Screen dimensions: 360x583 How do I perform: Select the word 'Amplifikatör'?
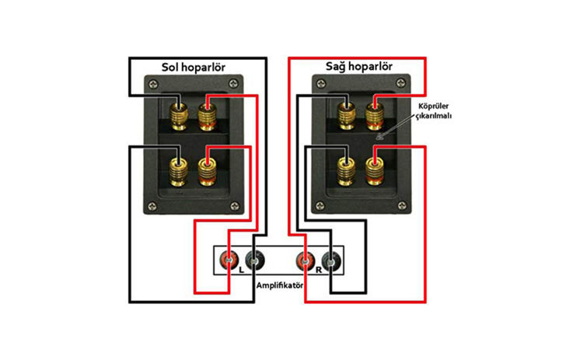point(280,285)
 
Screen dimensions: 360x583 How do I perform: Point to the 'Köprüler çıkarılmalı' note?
point(432,110)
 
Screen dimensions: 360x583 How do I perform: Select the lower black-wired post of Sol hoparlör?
point(179,171)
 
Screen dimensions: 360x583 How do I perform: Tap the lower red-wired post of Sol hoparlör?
point(207,171)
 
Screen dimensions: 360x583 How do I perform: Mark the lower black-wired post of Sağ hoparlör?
point(347,171)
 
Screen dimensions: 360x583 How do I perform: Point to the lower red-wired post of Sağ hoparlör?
point(375,171)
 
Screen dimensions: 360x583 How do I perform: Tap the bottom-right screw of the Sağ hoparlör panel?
point(402,206)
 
